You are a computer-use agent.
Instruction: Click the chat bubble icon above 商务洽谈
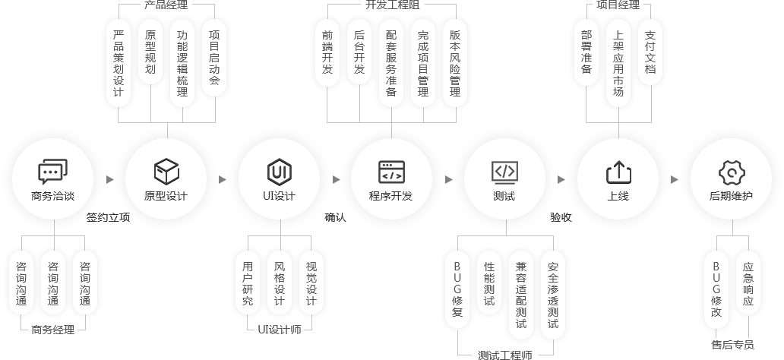coord(52,172)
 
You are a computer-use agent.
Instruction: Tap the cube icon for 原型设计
coord(166,172)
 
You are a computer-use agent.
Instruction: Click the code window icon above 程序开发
coord(392,172)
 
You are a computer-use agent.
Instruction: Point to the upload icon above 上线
coord(618,172)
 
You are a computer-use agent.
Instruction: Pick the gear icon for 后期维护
coord(731,172)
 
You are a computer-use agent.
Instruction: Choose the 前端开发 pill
coord(327,53)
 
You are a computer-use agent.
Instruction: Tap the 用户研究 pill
coord(248,283)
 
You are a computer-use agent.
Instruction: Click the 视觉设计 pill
coord(311,283)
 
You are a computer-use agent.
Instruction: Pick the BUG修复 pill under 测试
coord(457,289)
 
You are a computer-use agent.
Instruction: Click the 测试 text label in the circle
coord(504,196)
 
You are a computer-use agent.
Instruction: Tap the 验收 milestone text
coord(561,218)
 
